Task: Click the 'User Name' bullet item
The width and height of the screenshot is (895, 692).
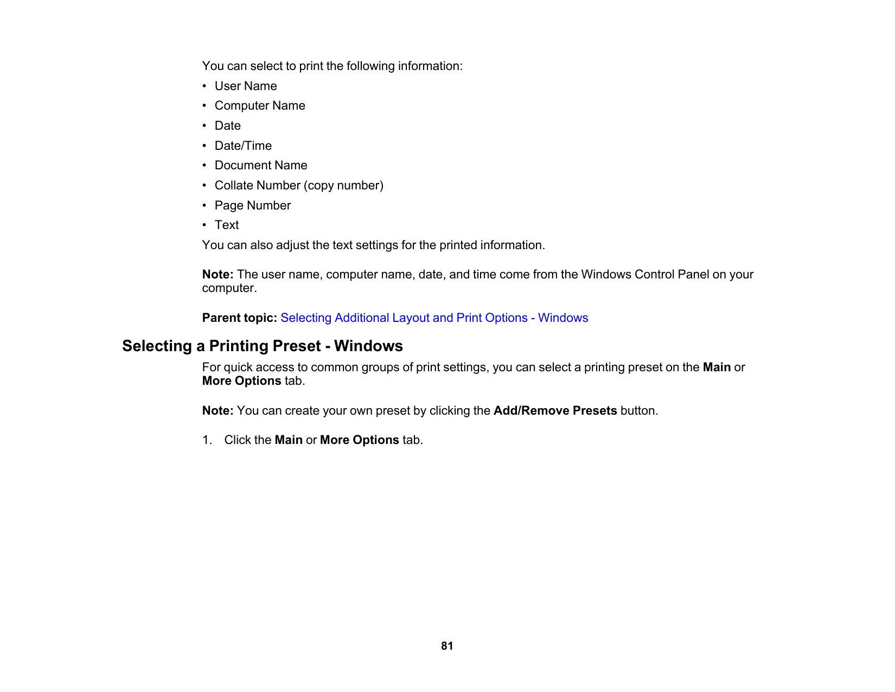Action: tap(246, 86)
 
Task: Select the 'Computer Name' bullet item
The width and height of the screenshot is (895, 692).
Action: tap(260, 106)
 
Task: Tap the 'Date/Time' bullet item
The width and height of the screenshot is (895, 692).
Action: tap(243, 146)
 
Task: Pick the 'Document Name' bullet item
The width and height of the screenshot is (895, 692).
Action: tap(261, 166)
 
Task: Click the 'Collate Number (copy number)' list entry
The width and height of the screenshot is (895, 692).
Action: tap(299, 186)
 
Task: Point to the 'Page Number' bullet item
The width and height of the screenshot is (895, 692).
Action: tap(253, 206)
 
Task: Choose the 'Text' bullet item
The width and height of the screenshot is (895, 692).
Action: tap(227, 225)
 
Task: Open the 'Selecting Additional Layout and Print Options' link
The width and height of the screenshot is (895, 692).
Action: tap(434, 318)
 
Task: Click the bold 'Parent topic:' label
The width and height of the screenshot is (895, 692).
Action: tap(240, 318)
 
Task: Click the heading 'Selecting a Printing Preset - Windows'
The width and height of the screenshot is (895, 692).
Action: tap(263, 346)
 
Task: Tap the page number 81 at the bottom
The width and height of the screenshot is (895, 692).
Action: tap(447, 646)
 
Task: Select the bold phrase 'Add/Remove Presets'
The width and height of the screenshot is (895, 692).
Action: tap(555, 411)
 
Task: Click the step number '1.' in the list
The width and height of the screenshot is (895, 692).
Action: tap(207, 440)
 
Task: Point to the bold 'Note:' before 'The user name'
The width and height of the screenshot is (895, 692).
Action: tap(218, 275)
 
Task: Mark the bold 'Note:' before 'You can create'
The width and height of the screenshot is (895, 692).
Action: tap(218, 411)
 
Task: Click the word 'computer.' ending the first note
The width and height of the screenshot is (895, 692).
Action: tap(229, 288)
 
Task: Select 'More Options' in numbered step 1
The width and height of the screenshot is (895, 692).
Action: tap(359, 440)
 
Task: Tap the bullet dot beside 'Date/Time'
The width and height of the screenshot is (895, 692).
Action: tap(204, 146)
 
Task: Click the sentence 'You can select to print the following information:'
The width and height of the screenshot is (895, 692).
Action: tap(332, 66)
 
